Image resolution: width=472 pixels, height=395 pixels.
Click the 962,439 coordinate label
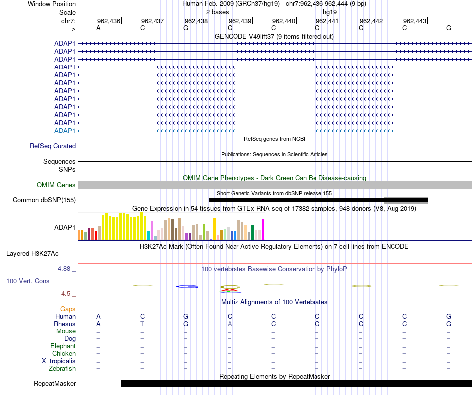pos(240,21)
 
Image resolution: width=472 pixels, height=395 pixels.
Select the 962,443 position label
pos(415,21)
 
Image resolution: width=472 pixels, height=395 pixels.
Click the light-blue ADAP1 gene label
pos(65,131)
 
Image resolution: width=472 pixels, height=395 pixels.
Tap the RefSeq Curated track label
pos(53,146)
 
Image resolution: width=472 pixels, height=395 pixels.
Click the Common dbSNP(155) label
pos(44,200)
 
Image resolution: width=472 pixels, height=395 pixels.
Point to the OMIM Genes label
pos(56,185)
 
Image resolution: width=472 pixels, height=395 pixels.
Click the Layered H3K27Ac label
pos(32,254)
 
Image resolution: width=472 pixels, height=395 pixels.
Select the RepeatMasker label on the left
pos(55,383)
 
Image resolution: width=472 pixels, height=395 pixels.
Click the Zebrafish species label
pos(62,369)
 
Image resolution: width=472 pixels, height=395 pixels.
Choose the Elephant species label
pos(63,346)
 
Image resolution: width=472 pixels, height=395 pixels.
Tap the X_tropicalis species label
pos(59,361)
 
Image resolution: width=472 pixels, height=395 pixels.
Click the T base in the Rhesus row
pos(142,324)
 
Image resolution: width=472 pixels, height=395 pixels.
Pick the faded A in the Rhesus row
pos(230,324)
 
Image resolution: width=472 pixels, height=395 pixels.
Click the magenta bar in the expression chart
pos(263,229)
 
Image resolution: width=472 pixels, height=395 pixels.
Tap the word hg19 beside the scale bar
pos(330,12)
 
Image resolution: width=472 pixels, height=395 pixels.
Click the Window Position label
pos(52,4)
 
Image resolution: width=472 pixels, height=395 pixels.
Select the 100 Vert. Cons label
pos(28,281)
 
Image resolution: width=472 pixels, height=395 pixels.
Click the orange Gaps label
pos(68,309)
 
